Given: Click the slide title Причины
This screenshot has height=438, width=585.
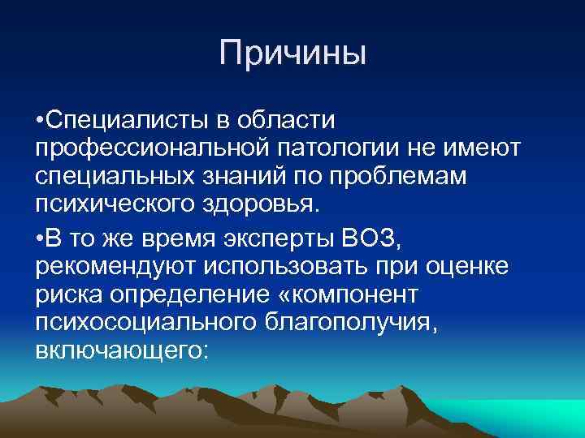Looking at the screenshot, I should pyautogui.click(x=292, y=54).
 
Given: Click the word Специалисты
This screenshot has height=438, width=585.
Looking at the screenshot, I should pyautogui.click(x=126, y=121).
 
